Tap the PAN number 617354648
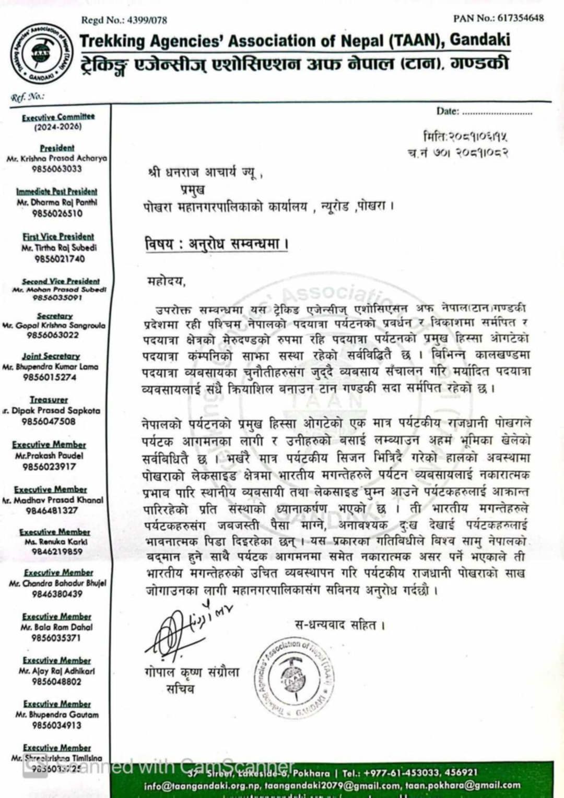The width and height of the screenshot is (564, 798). pyautogui.click(x=521, y=18)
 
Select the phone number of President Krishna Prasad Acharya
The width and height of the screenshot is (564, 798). pyautogui.click(x=57, y=169)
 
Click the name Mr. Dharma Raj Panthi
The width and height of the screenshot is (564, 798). pyautogui.click(x=57, y=203)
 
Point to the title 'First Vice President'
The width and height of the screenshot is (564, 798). pyautogui.click(x=58, y=237)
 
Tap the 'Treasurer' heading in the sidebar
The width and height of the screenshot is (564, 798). pyautogui.click(x=49, y=400)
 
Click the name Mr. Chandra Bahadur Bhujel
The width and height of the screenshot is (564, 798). pyautogui.click(x=57, y=583)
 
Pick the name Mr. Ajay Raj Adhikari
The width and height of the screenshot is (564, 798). pyautogui.click(x=57, y=671)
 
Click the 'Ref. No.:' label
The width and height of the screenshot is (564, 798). pyautogui.click(x=27, y=96)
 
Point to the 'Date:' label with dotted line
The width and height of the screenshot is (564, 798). pyautogui.click(x=448, y=111)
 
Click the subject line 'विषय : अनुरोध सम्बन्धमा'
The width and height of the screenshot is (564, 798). pyautogui.click(x=217, y=244)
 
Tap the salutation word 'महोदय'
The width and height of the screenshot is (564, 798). pyautogui.click(x=166, y=282)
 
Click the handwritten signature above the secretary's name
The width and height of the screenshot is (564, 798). pyautogui.click(x=183, y=629)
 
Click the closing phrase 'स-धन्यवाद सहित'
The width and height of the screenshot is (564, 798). pyautogui.click(x=340, y=625)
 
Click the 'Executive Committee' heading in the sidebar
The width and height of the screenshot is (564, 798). pyautogui.click(x=58, y=117)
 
